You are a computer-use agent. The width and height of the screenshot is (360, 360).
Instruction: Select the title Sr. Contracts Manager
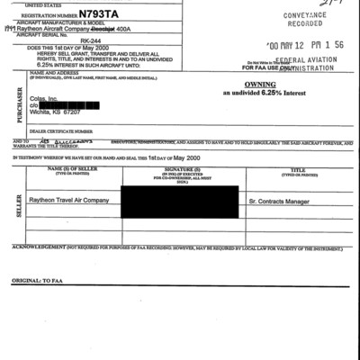tap(281, 201)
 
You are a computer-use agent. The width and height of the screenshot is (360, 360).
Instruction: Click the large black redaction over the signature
tap(179, 201)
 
